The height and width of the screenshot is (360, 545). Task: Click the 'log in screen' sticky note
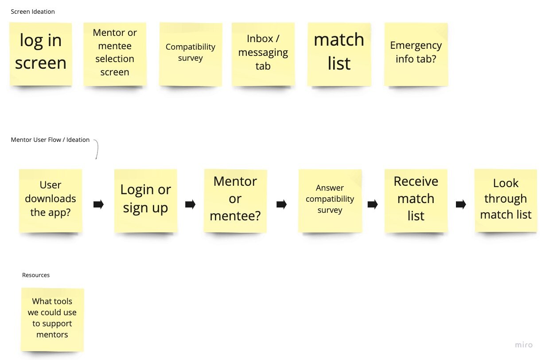click(x=41, y=52)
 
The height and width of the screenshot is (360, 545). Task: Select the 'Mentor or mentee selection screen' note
click(x=115, y=53)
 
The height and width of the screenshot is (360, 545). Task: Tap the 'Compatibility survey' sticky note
click(x=191, y=53)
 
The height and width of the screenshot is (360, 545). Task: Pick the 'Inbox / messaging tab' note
click(x=263, y=53)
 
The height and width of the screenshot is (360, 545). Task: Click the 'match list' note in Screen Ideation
click(x=339, y=53)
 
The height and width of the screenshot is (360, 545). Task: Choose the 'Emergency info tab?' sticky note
click(x=416, y=53)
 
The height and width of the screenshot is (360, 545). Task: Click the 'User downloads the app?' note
click(x=51, y=200)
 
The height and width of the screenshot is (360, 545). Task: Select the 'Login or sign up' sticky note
click(x=146, y=200)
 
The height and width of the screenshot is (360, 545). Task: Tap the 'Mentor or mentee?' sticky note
click(x=235, y=200)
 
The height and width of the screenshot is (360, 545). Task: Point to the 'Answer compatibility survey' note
click(x=330, y=200)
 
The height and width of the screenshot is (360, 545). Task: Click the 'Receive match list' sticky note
click(x=416, y=200)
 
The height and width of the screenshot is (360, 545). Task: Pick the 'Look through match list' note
click(x=506, y=200)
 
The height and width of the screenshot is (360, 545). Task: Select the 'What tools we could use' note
click(x=52, y=318)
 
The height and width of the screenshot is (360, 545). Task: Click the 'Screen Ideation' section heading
click(x=33, y=12)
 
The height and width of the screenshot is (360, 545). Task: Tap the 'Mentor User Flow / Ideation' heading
click(x=50, y=140)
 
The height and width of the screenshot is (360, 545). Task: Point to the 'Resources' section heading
click(x=36, y=275)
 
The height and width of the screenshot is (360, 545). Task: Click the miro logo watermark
click(x=523, y=344)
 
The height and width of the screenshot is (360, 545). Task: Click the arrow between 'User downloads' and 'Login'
click(x=98, y=204)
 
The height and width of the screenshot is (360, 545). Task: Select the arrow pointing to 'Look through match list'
click(x=461, y=204)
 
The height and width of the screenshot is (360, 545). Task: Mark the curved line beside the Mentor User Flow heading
click(x=96, y=149)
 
